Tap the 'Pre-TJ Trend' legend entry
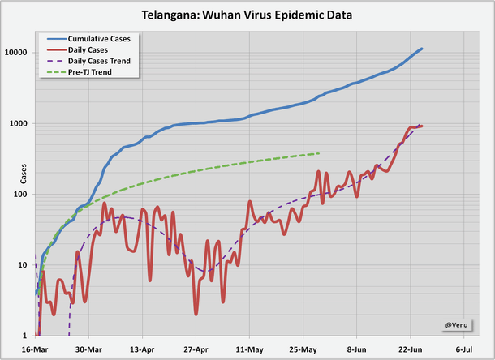90,72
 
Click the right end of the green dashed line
320,153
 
